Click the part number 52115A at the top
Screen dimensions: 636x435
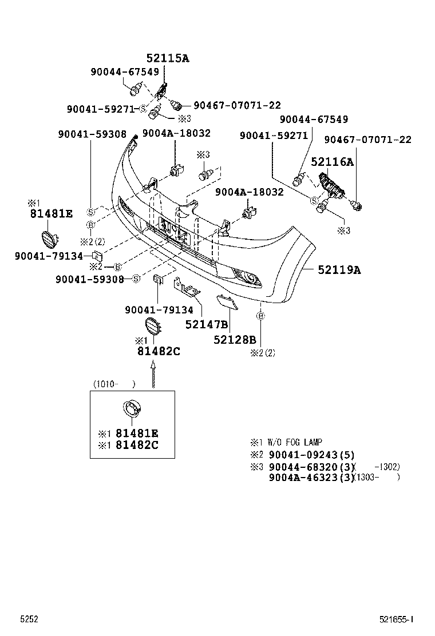click(167, 58)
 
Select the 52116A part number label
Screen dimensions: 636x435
click(332, 162)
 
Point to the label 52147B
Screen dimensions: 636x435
click(207, 324)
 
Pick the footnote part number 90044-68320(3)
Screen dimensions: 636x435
click(312, 467)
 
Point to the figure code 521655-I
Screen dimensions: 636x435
click(396, 619)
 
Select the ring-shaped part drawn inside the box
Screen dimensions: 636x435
click(132, 410)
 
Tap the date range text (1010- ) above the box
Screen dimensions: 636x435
click(114, 384)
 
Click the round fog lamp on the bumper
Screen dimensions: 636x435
click(250, 279)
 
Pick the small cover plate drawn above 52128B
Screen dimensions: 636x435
click(227, 301)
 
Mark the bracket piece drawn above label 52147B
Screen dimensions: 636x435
click(187, 289)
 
